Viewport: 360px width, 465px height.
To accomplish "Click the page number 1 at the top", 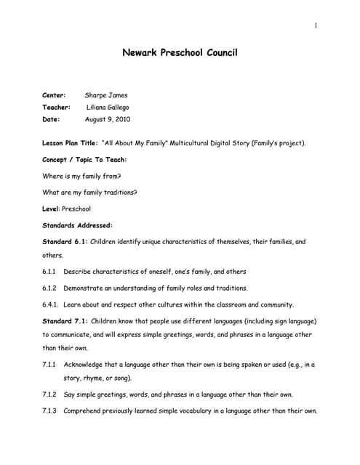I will [316, 27].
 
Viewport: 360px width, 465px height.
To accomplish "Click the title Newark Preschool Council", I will [180, 53].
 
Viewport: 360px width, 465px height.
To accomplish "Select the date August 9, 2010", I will [108, 118].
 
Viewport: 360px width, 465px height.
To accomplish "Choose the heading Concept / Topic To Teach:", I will [85, 159].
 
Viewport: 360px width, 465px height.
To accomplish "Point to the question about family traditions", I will [90, 193].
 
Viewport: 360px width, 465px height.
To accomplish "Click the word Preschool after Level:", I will [76, 209].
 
